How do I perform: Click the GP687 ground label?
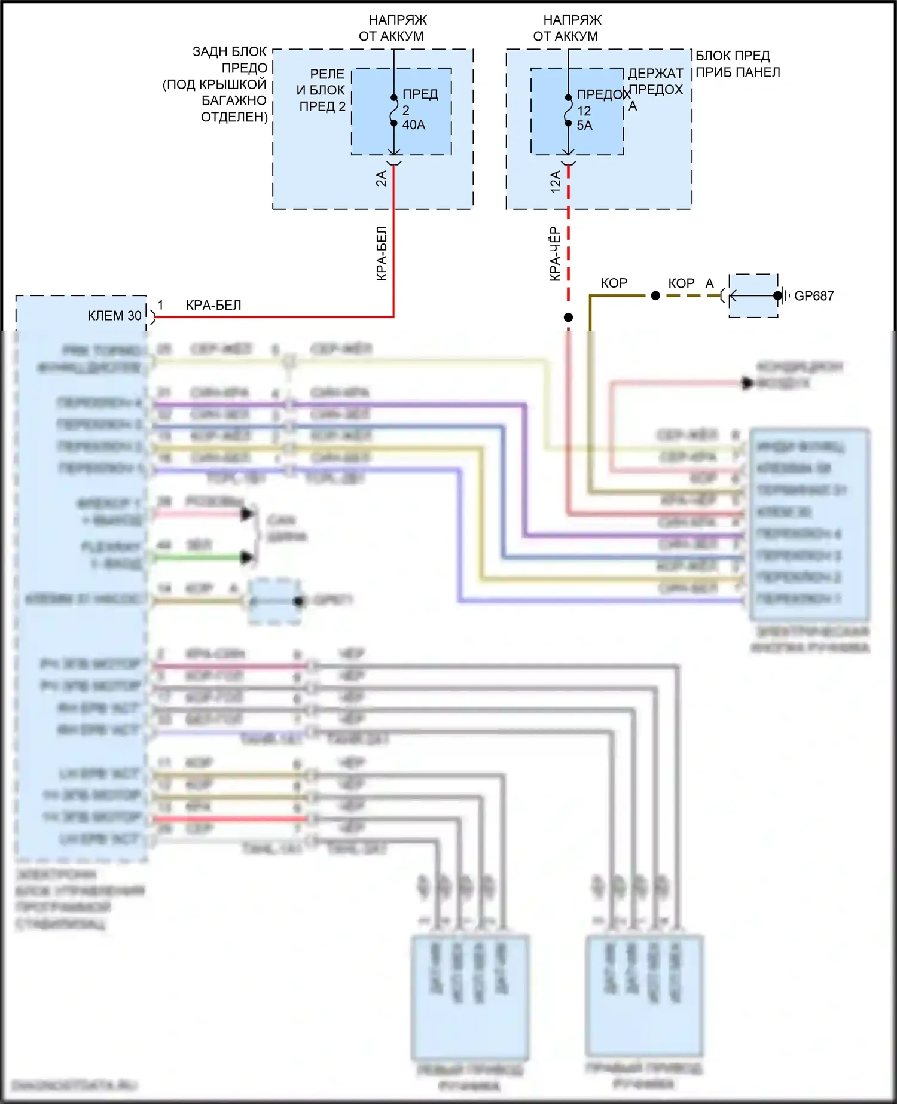(x=813, y=295)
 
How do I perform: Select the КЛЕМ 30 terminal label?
(x=114, y=316)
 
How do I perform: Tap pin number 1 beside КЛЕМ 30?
(x=160, y=305)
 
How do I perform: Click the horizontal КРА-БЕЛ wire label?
(x=213, y=305)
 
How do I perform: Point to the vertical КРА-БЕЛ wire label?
(x=382, y=254)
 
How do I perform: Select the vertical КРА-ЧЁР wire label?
(x=555, y=254)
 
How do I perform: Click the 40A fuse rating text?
(x=414, y=125)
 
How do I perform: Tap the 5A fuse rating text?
(x=584, y=126)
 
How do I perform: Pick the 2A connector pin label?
(x=381, y=178)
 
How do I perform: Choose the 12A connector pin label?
(x=556, y=181)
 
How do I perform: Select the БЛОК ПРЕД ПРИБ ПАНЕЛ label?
(x=737, y=64)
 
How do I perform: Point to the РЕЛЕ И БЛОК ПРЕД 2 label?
(x=322, y=90)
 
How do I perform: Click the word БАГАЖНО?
(x=234, y=100)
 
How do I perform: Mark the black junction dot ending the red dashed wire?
(x=568, y=318)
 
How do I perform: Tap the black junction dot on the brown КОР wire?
(x=655, y=295)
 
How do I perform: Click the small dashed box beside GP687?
(x=753, y=295)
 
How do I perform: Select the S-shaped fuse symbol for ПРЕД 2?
(x=393, y=111)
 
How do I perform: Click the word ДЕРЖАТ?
(x=655, y=74)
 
